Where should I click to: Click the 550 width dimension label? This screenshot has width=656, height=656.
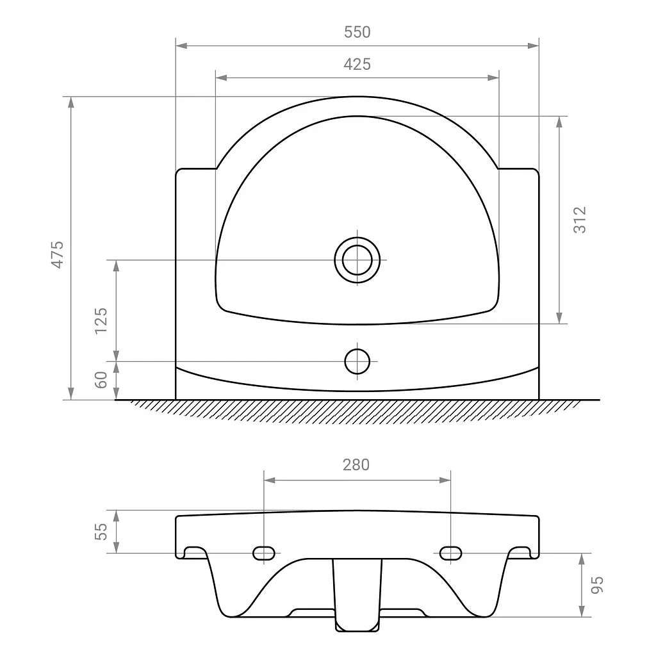(357, 32)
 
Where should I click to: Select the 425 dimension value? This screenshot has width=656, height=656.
(357, 65)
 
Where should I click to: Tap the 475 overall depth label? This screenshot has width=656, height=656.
(57, 254)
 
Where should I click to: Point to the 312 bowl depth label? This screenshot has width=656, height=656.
(580, 220)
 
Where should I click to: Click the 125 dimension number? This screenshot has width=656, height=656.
(101, 321)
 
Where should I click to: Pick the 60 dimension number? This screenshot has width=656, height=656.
(101, 380)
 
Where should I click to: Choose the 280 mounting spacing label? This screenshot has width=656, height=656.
(356, 465)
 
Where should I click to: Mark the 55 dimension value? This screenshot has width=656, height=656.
(101, 532)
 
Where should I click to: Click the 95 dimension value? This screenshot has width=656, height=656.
(597, 585)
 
